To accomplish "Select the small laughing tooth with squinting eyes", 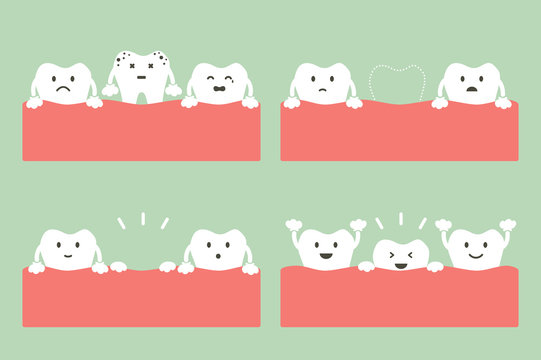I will pyautogui.click(x=398, y=255).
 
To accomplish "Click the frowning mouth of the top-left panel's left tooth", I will pyautogui.click(x=62, y=88).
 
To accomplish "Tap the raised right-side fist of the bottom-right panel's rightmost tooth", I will pyautogui.click(x=507, y=225).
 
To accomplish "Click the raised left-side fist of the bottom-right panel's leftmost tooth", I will pyautogui.click(x=294, y=225).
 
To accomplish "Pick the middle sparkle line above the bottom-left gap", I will pyautogui.click(x=142, y=218).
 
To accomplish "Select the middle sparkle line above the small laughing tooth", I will pyautogui.click(x=400, y=218).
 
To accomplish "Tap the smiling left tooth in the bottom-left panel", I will pyautogui.click(x=66, y=250).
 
